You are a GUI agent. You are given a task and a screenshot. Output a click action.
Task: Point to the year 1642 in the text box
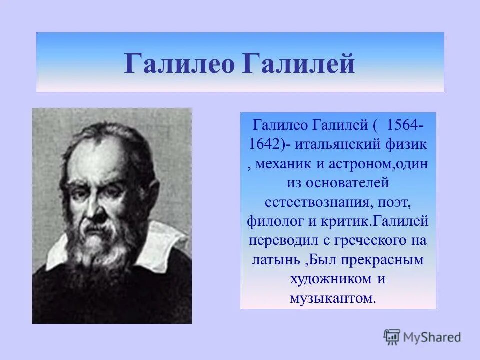tap(267, 145)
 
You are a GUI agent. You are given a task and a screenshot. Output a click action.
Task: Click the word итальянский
tap(336, 145)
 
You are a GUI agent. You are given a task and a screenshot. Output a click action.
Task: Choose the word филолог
tap(273, 221)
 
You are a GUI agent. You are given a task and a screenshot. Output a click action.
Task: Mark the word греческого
tap(369, 241)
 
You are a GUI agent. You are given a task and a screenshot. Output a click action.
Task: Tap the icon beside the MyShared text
tap(392, 337)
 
